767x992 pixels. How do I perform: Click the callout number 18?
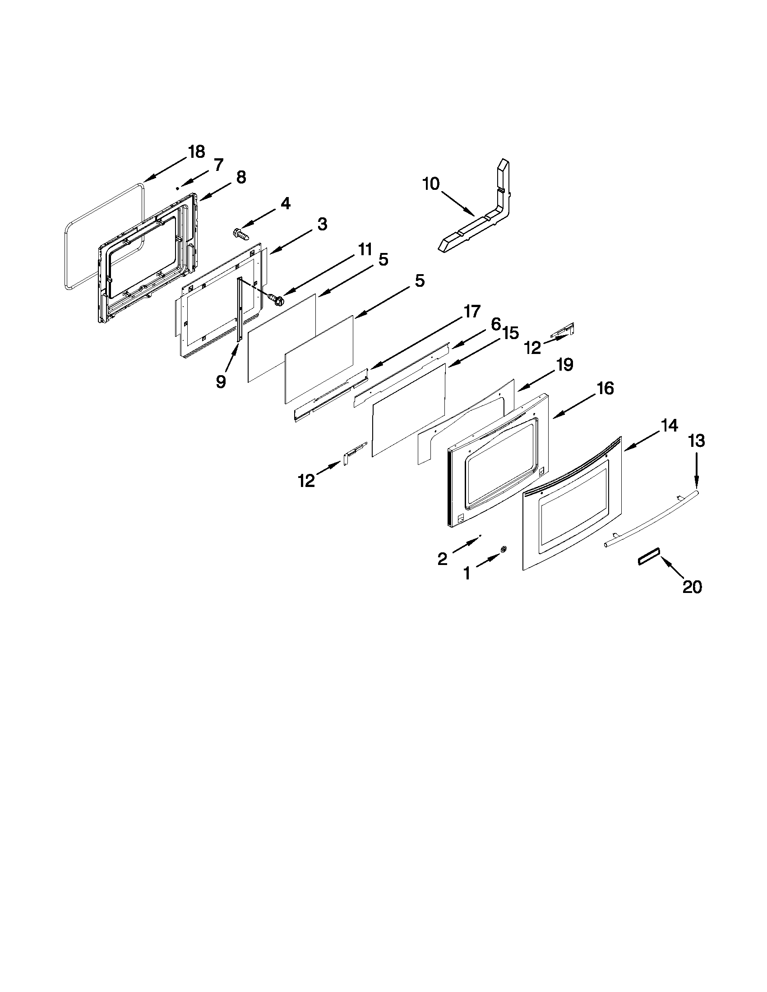(x=196, y=152)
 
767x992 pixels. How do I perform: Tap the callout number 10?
(x=431, y=184)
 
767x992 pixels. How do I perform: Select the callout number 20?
(x=692, y=587)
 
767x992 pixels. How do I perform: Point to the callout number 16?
(x=605, y=388)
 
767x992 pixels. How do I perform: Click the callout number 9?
(x=220, y=381)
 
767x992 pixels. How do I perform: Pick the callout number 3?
(x=322, y=224)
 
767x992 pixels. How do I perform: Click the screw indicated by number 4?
(x=240, y=234)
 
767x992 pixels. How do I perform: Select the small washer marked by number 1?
(x=503, y=550)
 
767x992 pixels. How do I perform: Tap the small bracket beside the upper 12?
(x=564, y=330)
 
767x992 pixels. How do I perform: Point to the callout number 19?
(x=565, y=364)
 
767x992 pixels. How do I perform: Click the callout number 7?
(x=218, y=165)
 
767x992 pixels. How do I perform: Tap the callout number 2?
(x=442, y=558)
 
